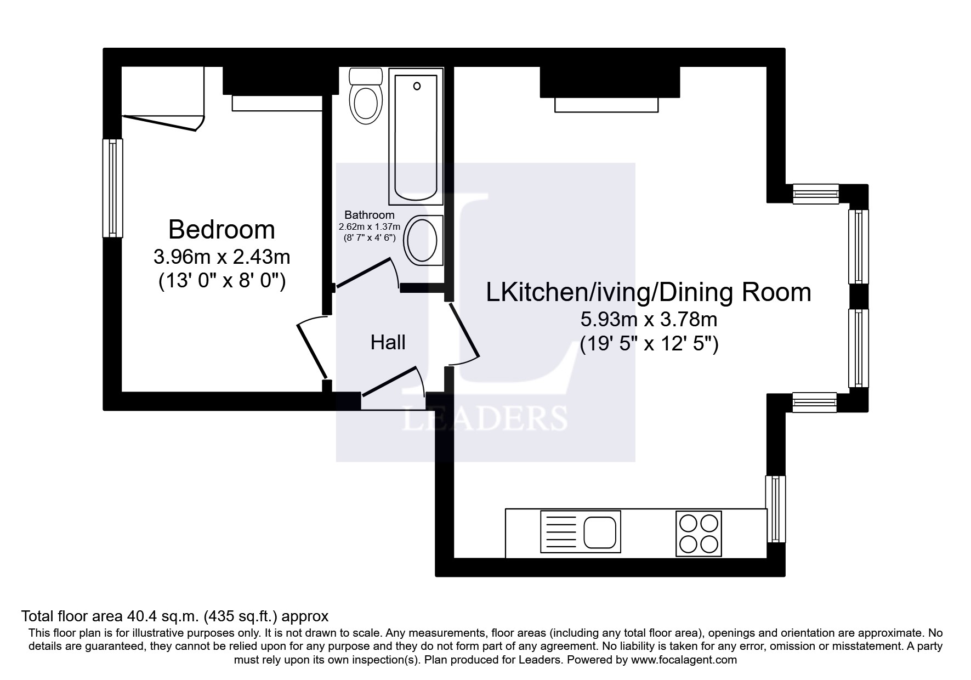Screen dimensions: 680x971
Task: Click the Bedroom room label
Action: tap(222, 229)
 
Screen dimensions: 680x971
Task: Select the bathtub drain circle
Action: tap(417, 86)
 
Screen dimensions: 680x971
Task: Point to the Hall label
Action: tap(388, 342)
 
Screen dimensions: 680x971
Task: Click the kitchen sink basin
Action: tap(601, 531)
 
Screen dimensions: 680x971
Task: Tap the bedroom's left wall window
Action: tap(113, 188)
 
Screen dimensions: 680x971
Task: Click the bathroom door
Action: tap(366, 273)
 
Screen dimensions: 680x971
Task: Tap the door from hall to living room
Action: tap(464, 332)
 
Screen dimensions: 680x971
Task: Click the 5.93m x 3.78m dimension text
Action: tap(649, 319)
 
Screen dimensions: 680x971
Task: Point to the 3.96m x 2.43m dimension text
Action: tap(222, 256)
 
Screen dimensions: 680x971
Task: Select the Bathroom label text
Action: tap(369, 215)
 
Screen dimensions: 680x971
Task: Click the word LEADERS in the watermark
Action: tap(485, 419)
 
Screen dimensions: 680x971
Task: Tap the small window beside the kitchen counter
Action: tap(775, 508)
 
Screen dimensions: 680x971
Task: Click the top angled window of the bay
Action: tap(816, 194)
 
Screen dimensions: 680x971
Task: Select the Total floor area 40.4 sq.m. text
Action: tap(174, 616)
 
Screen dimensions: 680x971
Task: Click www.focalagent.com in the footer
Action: tap(684, 660)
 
